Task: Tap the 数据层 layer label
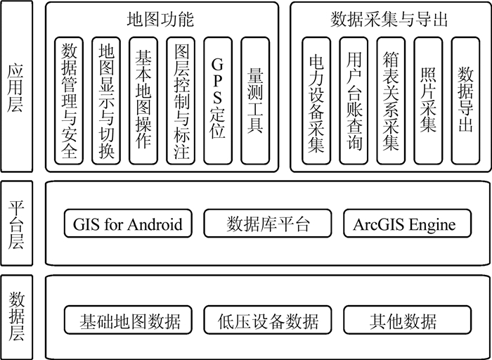tap(16, 316)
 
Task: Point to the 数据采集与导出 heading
tap(388, 18)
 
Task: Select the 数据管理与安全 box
tap(69, 101)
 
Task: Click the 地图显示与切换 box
tap(106, 101)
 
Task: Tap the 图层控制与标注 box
tap(181, 101)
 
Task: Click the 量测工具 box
tap(255, 101)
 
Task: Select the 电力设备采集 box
tap(316, 101)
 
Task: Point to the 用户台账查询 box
tap(354, 101)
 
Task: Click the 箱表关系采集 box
tap(391, 101)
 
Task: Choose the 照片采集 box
tap(428, 101)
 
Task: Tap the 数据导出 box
tap(465, 101)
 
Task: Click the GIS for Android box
tap(127, 224)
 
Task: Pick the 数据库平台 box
tap(267, 224)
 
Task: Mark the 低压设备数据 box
tap(267, 321)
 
